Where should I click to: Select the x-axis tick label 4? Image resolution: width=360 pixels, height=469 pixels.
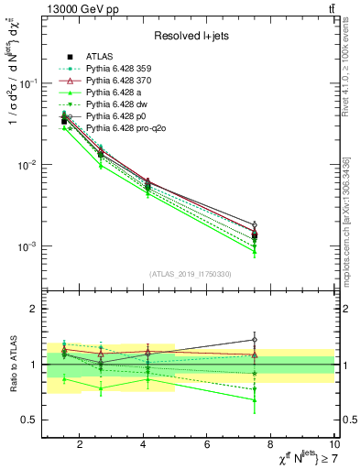(144, 445)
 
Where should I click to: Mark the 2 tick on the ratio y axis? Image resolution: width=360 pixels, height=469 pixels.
(32, 309)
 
